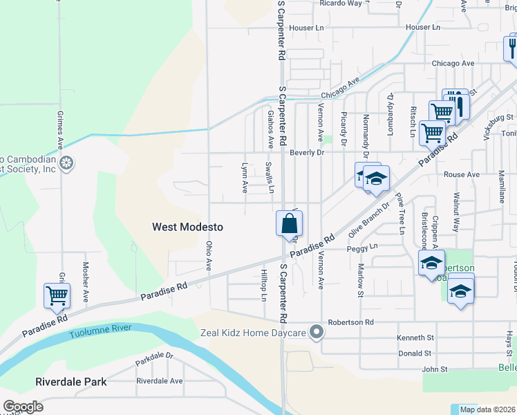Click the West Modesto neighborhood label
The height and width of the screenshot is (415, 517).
point(187,227)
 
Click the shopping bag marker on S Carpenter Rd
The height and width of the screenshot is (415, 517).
point(290,225)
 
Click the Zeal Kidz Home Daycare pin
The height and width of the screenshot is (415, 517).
point(317,333)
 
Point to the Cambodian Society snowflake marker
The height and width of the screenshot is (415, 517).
point(66,164)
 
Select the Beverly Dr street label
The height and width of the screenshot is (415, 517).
point(307,152)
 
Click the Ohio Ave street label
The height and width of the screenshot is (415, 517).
point(208,256)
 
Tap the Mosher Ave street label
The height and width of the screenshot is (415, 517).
point(86,282)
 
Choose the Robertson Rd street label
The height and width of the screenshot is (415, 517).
point(350,322)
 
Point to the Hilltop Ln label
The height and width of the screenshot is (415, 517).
point(263,286)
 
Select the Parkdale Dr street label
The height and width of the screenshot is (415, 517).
point(154,361)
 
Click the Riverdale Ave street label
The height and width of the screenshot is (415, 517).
point(159,381)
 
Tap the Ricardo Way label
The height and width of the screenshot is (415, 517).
point(341,3)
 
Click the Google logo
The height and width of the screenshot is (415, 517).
point(23,407)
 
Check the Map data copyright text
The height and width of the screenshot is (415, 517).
point(487,409)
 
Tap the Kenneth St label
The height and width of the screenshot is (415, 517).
point(415,338)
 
